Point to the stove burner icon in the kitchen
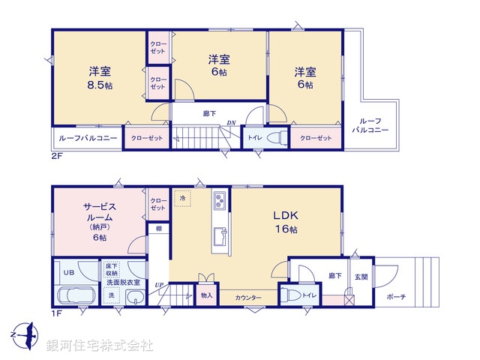tap(220, 200)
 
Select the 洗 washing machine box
tap(111, 296)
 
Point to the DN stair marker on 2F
tap(232, 122)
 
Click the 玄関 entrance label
tap(361, 277)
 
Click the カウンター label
tap(249, 298)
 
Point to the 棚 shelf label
tap(158, 228)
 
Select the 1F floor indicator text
tap(57, 314)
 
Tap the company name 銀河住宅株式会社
tap(100, 346)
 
